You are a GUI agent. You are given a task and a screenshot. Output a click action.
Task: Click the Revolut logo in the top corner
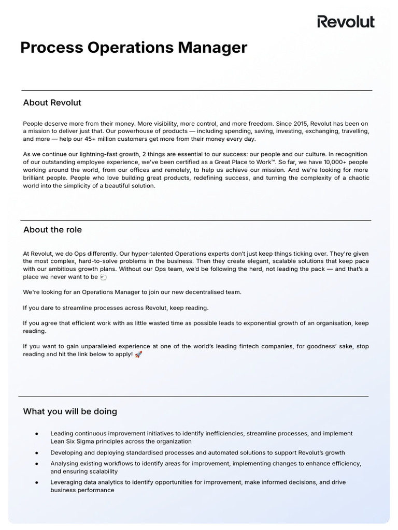tap(346, 22)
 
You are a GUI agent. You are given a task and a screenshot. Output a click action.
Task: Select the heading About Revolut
tap(52, 102)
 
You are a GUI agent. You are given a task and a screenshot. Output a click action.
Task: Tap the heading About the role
tap(52, 230)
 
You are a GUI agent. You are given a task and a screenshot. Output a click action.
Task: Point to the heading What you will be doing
tap(70, 411)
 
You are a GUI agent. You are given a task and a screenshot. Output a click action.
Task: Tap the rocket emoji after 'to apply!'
tap(138, 355)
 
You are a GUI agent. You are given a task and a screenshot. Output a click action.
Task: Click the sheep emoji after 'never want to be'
tap(103, 277)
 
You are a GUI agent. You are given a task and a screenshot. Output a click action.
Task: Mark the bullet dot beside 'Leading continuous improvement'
tap(37, 434)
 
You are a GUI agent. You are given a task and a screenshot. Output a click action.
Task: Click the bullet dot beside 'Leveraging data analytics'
tap(37, 482)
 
